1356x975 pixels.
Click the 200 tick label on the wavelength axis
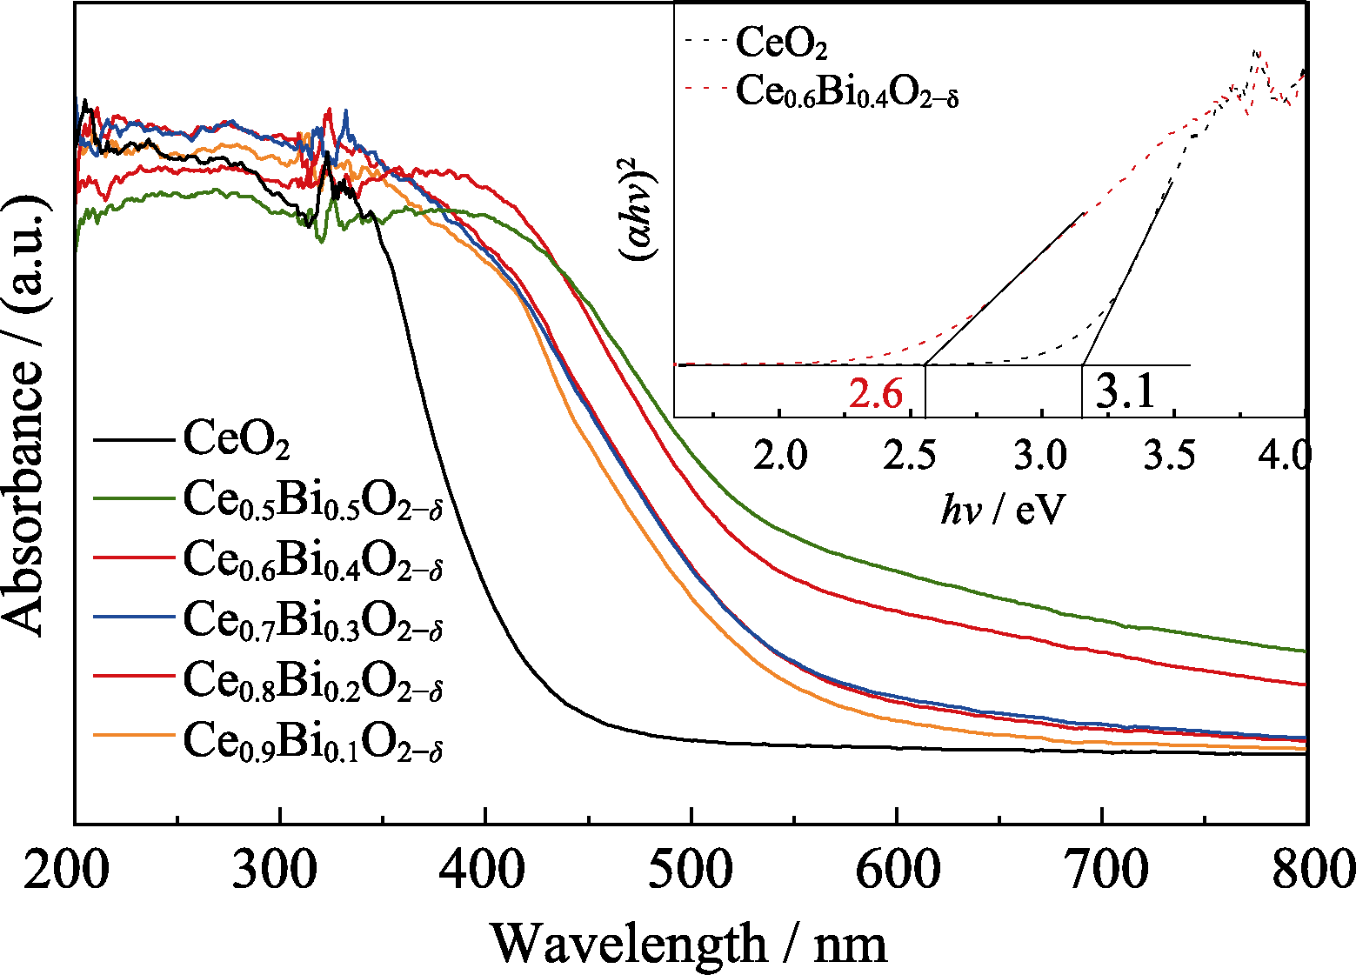click(x=67, y=870)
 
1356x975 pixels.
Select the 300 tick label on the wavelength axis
click(x=276, y=870)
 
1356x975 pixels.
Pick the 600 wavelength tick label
click(x=897, y=870)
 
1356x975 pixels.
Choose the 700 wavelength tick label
click(x=1104, y=870)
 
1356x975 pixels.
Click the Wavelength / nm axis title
click(x=689, y=944)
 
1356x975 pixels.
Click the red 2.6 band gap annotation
click(x=876, y=394)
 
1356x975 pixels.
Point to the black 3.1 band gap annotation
click(x=1125, y=391)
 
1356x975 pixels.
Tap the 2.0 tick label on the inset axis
click(x=780, y=454)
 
